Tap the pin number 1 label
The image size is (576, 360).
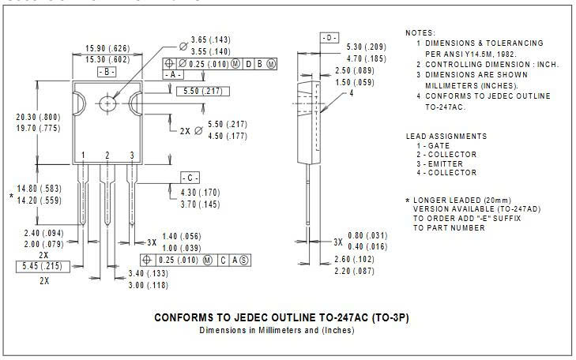pos(83,155)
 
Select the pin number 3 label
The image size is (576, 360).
pos(131,155)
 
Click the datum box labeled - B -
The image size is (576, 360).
pos(107,71)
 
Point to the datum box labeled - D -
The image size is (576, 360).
pos(330,38)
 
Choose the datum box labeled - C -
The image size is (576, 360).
pos(190,177)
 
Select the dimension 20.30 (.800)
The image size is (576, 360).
pos(37,116)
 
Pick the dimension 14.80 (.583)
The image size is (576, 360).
pos(37,188)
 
